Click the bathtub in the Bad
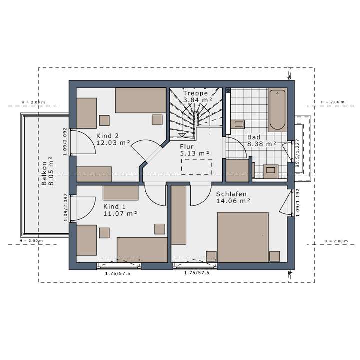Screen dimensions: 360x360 [277, 110]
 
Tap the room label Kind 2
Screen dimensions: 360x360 [107, 135]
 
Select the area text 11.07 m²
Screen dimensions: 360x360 [120, 213]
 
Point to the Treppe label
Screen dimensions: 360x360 [195, 93]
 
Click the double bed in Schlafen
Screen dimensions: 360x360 [243, 237]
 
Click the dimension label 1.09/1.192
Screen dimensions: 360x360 [297, 203]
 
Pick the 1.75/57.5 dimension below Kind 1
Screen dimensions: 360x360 [118, 273]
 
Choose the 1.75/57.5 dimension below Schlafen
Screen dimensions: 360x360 [197, 273]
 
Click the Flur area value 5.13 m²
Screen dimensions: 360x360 [194, 153]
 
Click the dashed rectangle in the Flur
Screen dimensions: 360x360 [196, 167]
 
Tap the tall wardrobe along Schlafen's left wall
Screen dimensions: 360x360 [179, 215]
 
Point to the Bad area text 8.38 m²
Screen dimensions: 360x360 [261, 144]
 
